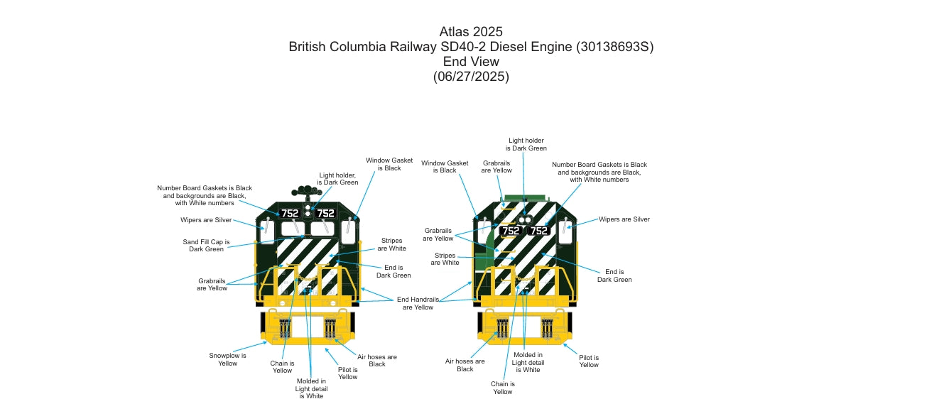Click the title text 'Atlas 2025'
[471, 31]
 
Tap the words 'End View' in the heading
[471, 62]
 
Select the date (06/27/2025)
[471, 77]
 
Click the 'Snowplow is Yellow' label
[227, 359]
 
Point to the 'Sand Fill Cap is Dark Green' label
[206, 246]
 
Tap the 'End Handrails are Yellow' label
[418, 303]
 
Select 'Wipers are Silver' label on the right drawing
[624, 219]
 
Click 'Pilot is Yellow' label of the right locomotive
[589, 361]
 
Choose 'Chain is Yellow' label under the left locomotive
[282, 367]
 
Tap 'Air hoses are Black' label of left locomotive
[377, 360]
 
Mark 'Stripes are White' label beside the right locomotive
[446, 259]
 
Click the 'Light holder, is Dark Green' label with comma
[338, 178]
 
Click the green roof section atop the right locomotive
[524, 198]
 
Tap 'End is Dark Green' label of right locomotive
[614, 275]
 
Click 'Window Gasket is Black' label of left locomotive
[384, 164]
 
